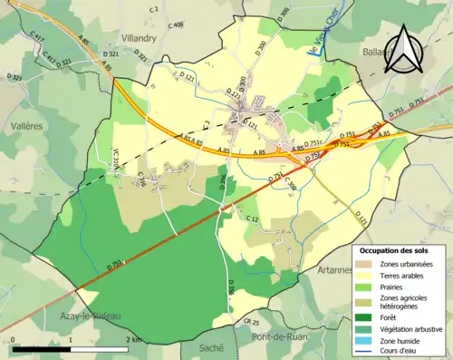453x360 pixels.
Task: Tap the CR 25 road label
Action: point(251,322)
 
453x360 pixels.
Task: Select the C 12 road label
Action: point(253,220)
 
